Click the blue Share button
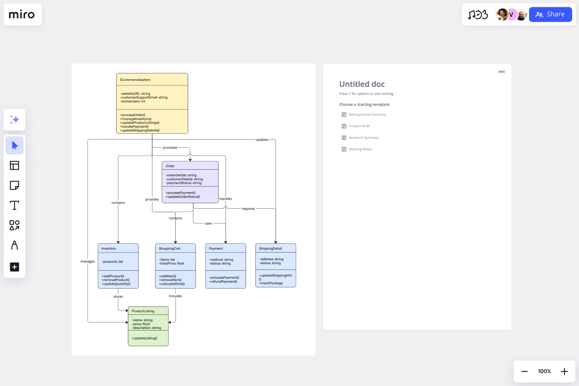coord(550,14)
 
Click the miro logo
coord(22,15)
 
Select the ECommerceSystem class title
coord(135,80)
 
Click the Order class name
coord(170,166)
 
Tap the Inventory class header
coord(109,248)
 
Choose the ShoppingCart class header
coord(170,248)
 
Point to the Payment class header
coord(216,248)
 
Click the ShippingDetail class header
coord(270,248)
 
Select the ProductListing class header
coord(143,311)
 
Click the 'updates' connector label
coord(262,140)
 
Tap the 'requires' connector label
coord(248,209)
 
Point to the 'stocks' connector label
coord(118,297)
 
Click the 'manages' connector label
coord(88,261)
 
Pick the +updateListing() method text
coord(144,338)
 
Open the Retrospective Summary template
coord(367,115)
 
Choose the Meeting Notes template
coord(360,149)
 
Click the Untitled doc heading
coord(362,84)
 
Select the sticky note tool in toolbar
coord(14,185)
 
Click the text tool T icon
coord(14,205)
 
